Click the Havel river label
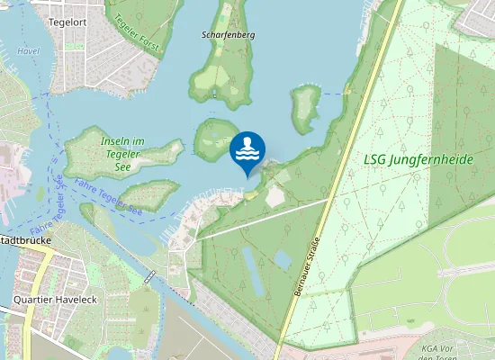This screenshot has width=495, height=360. (29, 51)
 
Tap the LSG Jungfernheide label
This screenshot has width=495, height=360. (419, 160)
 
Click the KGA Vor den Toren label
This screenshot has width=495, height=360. (454, 351)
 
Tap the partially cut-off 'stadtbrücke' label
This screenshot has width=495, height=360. (24, 241)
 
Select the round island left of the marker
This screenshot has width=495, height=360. (214, 139)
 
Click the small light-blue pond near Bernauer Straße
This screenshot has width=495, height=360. (282, 260)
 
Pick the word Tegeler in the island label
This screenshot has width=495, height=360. (122, 154)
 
